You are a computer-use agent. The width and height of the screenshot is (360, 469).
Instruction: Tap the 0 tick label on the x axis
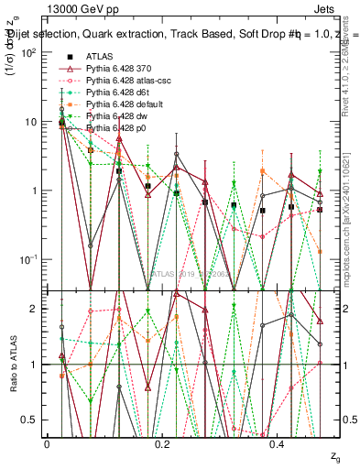click(47, 444)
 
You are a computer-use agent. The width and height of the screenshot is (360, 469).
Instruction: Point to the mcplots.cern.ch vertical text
click(351, 220)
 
